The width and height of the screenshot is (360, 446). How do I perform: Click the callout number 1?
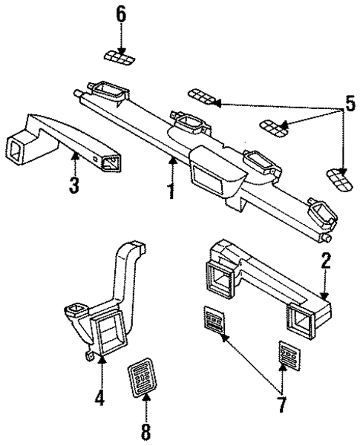pyautogui.click(x=171, y=190)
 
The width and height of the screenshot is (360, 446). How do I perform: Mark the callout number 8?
pyautogui.click(x=146, y=430)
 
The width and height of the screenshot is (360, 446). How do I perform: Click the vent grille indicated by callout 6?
pyautogui.click(x=119, y=57)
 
